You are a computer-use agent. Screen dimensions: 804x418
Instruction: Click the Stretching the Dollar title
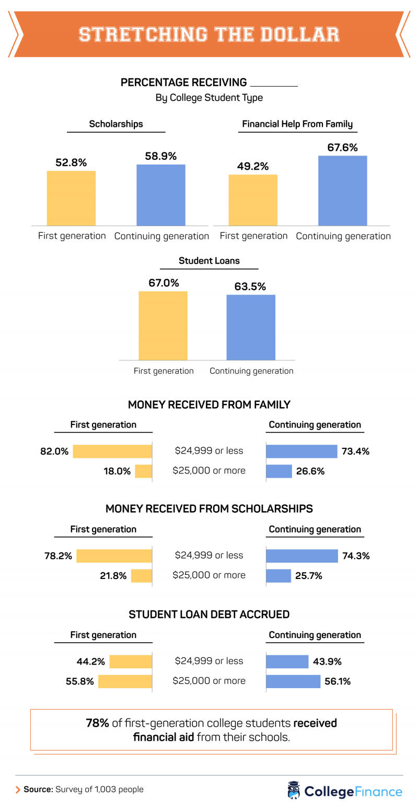(209, 34)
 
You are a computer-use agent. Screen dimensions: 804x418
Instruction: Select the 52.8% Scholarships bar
(71, 198)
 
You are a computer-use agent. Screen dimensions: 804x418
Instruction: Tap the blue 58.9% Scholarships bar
(161, 195)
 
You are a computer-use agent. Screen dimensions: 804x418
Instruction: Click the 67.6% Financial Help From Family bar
(343, 191)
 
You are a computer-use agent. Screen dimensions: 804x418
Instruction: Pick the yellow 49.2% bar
(253, 200)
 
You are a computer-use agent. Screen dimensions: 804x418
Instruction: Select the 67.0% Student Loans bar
(163, 325)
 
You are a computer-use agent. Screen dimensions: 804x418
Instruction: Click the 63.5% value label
(251, 287)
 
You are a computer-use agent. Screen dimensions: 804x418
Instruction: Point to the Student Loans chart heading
(210, 261)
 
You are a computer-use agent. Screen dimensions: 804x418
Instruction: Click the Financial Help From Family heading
(297, 124)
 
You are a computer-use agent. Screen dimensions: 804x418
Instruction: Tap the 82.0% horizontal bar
(112, 452)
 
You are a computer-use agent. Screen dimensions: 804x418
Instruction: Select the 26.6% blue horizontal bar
(279, 471)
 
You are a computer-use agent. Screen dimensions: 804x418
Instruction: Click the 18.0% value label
(117, 471)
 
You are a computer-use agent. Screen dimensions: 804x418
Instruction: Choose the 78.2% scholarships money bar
(114, 556)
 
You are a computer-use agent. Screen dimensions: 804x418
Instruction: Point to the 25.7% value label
(309, 576)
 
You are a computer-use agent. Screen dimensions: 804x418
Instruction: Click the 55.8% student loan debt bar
(125, 681)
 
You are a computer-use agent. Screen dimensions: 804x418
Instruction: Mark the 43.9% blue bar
(287, 661)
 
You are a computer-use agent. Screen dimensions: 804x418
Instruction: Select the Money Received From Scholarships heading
(209, 509)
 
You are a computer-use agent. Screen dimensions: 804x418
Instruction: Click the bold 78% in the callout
(98, 724)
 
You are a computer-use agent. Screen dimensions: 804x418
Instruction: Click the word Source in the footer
(38, 789)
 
